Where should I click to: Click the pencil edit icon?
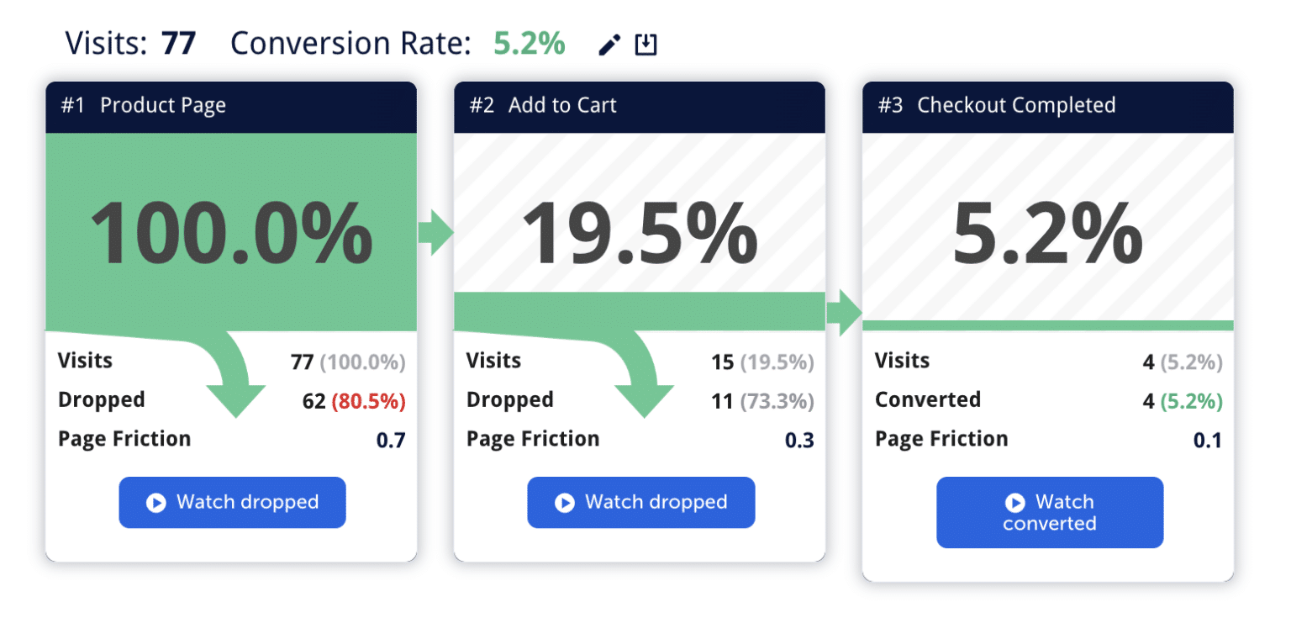[609, 45]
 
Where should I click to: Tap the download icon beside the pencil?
[645, 45]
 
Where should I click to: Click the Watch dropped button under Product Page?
[232, 503]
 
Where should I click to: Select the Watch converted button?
[1050, 513]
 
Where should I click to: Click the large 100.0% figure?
[231, 234]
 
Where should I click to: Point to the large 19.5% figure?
[640, 234]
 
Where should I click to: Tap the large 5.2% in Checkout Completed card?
[1047, 234]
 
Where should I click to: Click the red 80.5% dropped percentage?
[368, 402]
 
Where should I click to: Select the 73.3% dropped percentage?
[777, 402]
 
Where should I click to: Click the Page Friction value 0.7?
[391, 440]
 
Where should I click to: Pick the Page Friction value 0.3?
[799, 440]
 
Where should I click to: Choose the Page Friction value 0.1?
[1208, 440]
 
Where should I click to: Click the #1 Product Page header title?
[144, 106]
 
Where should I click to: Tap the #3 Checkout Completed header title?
[997, 106]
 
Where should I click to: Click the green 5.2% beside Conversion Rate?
[529, 44]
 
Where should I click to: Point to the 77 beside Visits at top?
[178, 44]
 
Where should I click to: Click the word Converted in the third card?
[928, 399]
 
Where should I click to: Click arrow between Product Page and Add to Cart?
[435, 234]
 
